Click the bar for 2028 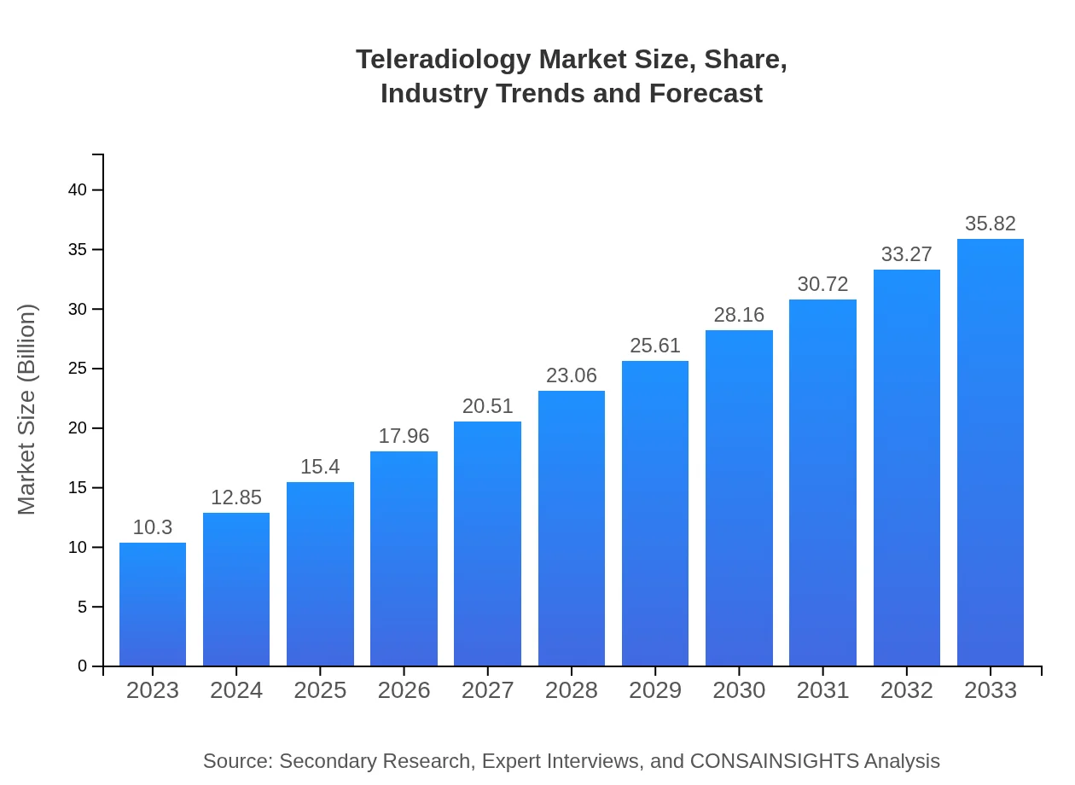[x=572, y=528]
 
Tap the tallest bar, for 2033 [x=991, y=452]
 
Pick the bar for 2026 [x=404, y=559]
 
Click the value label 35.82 [x=991, y=224]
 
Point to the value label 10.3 [x=153, y=527]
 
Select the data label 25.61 [x=655, y=346]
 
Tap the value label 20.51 [x=487, y=406]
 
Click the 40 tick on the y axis [x=78, y=189]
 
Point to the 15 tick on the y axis [x=78, y=487]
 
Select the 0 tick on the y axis [x=83, y=666]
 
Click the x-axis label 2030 [x=739, y=690]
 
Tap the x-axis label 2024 [x=236, y=690]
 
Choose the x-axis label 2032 [x=907, y=690]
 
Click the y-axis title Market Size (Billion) [x=27, y=410]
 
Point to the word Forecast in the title [x=706, y=93]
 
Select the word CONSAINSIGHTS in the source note [x=774, y=760]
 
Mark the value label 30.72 [x=822, y=284]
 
